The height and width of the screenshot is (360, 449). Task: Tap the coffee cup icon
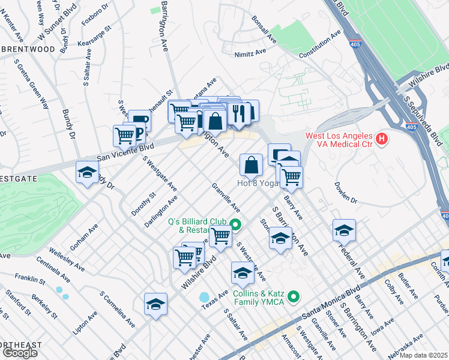[140, 120]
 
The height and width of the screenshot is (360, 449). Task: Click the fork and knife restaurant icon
[239, 113]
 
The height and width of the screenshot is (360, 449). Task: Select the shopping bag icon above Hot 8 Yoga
[251, 164]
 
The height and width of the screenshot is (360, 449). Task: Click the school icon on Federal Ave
[344, 230]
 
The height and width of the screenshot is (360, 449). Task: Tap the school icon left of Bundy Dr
[87, 173]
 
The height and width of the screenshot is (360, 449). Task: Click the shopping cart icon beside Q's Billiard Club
[221, 236]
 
